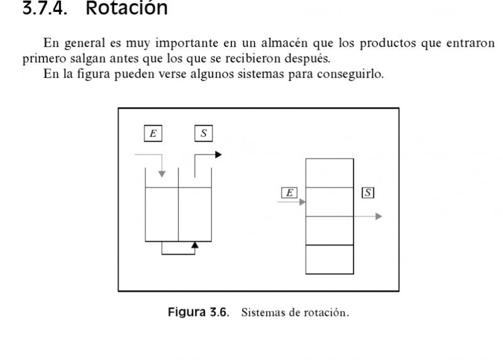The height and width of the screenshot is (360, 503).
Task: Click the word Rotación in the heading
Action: pyautogui.click(x=127, y=7)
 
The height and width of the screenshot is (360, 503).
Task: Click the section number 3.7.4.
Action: pyautogui.click(x=45, y=8)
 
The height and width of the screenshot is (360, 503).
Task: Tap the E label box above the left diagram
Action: pyautogui.click(x=153, y=133)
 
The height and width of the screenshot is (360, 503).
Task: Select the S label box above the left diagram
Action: pyautogui.click(x=203, y=133)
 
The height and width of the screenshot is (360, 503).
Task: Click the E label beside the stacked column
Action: pyautogui.click(x=289, y=193)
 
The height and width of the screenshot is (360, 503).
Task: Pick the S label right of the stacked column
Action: pyautogui.click(x=368, y=193)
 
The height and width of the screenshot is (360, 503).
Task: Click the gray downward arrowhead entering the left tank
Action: pyautogui.click(x=162, y=174)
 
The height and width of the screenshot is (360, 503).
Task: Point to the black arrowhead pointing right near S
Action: pyautogui.click(x=218, y=155)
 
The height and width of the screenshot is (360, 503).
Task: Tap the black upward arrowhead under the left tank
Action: pyautogui.click(x=195, y=245)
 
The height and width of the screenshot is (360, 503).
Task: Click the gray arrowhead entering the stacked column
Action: pyautogui.click(x=302, y=202)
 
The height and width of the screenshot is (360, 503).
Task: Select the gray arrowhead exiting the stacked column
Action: pyautogui.click(x=379, y=216)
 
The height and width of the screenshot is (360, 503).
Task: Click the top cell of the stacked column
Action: pyautogui.click(x=329, y=173)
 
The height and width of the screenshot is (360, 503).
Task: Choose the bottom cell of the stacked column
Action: pyautogui.click(x=329, y=259)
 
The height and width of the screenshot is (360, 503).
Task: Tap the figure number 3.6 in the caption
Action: pyautogui.click(x=218, y=312)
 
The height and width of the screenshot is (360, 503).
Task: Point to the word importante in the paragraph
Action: pyautogui.click(x=187, y=43)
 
